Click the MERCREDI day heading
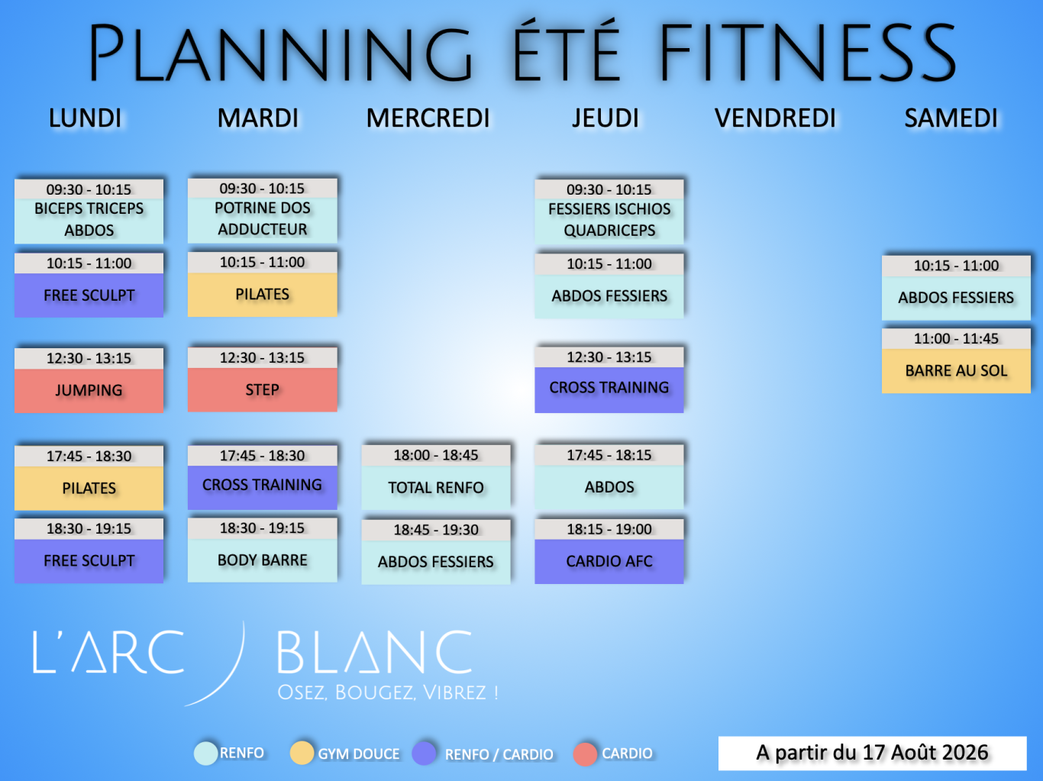click(x=428, y=118)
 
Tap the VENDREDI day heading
click(x=775, y=118)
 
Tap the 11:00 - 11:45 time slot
click(x=956, y=339)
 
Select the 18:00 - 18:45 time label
click(x=436, y=455)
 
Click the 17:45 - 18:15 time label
click(x=609, y=455)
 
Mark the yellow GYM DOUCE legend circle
click(x=302, y=753)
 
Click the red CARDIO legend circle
click(x=585, y=754)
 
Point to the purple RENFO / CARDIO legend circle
click(x=424, y=754)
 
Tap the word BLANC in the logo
click(x=374, y=652)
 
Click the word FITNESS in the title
click(x=807, y=52)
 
